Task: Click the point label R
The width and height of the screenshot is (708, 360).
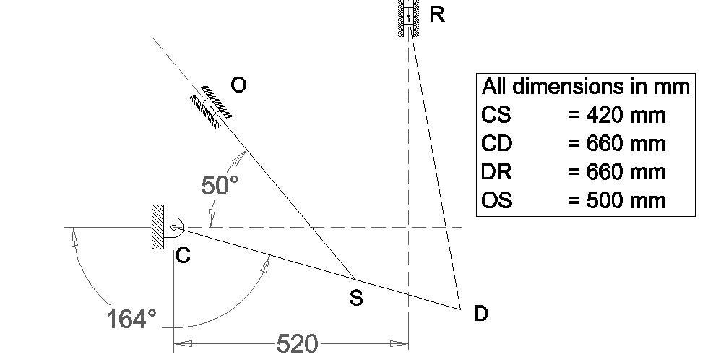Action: [x=437, y=14]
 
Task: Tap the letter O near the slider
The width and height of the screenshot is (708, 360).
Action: [x=238, y=85]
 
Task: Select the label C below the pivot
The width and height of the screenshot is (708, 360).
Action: [x=184, y=255]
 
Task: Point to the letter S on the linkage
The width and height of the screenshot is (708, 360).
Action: [x=355, y=297]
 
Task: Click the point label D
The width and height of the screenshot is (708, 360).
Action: [x=480, y=314]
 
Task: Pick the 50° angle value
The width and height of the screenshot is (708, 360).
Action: [x=220, y=185]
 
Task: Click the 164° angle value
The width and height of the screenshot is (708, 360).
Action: [x=131, y=318]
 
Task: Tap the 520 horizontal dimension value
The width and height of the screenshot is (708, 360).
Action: [x=297, y=343]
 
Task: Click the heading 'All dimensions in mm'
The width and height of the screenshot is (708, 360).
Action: [x=585, y=87]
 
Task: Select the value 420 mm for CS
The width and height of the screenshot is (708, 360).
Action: [x=616, y=114]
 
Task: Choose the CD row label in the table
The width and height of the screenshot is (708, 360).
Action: [x=497, y=143]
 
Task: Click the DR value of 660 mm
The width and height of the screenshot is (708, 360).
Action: [x=616, y=172]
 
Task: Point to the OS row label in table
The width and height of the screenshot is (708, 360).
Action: [x=497, y=200]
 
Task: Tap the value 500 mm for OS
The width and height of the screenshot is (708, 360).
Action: [x=616, y=200]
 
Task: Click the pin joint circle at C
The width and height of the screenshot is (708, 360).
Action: [x=174, y=228]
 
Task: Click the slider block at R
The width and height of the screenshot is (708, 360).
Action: [x=409, y=14]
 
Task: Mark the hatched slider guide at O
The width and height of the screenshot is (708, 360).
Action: [x=211, y=106]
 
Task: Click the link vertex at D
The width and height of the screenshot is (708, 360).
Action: [x=460, y=309]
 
